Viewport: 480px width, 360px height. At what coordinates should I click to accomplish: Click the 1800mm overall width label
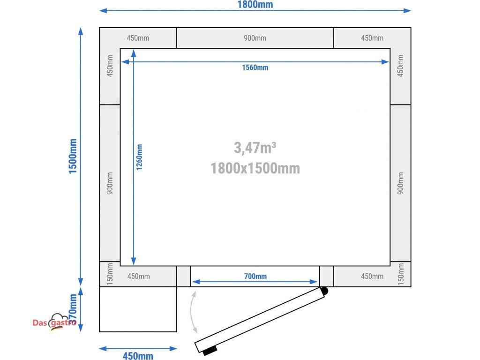255,5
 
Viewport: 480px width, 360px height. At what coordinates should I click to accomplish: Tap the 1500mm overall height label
73,156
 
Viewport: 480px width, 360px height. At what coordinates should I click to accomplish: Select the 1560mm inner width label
255,67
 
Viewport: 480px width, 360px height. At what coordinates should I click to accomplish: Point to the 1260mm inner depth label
139,157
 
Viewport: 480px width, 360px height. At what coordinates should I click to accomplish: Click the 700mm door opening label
255,276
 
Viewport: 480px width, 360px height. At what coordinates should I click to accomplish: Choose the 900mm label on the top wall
255,38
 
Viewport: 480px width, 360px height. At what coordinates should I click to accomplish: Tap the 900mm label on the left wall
110,183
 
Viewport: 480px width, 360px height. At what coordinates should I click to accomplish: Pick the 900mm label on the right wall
400,183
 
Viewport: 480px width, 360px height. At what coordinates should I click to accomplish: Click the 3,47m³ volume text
255,148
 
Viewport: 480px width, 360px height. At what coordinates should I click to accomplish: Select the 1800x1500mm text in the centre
255,168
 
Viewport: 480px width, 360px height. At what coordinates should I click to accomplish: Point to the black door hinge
324,291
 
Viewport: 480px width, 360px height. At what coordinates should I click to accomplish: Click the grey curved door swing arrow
192,312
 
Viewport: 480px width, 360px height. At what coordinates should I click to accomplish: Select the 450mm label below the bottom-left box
138,356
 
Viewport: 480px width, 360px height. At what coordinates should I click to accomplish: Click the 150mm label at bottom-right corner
401,274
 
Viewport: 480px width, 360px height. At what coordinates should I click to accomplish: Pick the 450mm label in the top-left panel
138,38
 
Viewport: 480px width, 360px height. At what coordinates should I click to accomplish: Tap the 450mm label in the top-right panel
372,38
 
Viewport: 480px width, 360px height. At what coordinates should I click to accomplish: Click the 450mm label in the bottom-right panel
372,277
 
